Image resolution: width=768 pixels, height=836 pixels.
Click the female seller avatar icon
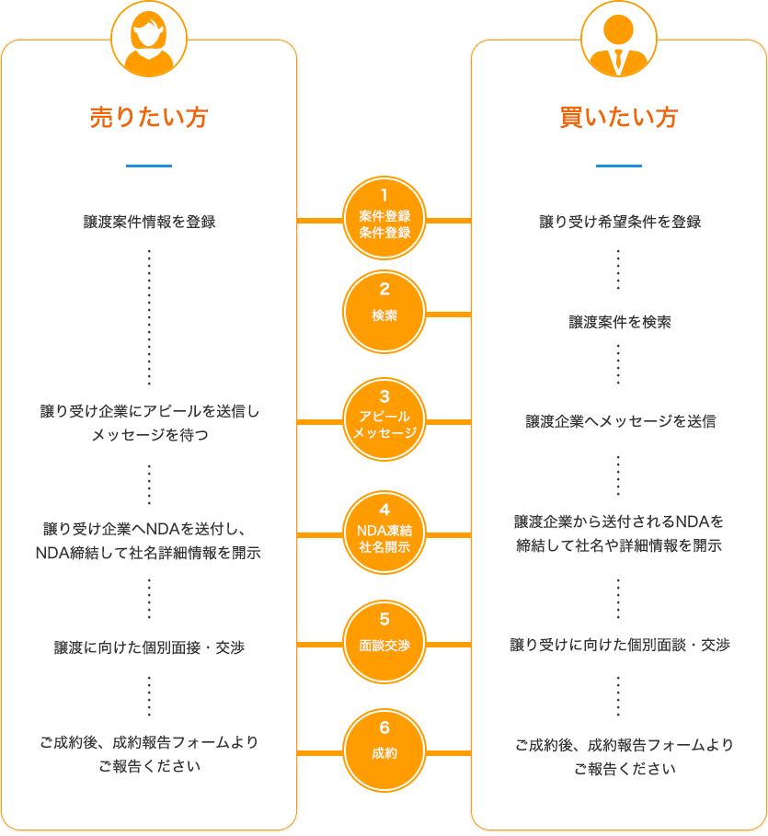tap(149, 39)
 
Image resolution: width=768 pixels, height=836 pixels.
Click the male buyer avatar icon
tap(619, 39)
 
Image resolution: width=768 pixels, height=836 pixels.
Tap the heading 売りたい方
tap(149, 118)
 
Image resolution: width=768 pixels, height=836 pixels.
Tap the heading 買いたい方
tap(619, 118)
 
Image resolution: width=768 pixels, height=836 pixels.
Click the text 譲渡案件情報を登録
tap(149, 222)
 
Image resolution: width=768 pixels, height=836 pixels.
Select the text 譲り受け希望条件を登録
tap(619, 222)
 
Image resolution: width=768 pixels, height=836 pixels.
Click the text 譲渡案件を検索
tap(619, 322)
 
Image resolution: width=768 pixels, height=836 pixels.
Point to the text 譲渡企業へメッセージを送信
tap(619, 421)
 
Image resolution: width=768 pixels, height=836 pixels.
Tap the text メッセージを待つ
tap(149, 435)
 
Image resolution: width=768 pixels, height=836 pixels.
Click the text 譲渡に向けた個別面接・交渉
tap(149, 648)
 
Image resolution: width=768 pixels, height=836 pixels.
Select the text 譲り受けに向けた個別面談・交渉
tap(619, 645)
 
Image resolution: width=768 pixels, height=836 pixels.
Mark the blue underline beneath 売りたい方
tap(149, 166)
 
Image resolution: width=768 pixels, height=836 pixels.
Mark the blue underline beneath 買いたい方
tap(619, 166)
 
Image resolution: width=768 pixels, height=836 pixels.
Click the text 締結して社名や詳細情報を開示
tap(619, 545)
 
